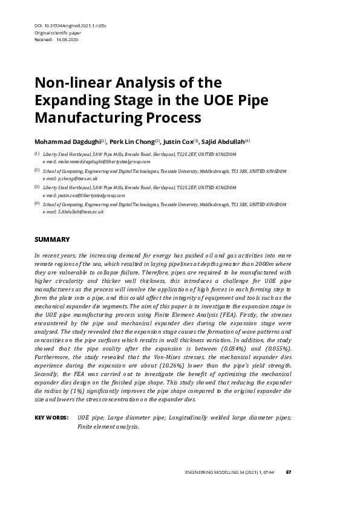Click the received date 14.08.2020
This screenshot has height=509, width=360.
tap(68, 39)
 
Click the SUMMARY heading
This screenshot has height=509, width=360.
tap(52, 239)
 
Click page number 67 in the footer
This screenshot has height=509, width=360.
tap(289, 473)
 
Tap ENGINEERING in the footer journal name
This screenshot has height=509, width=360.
tap(200, 473)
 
